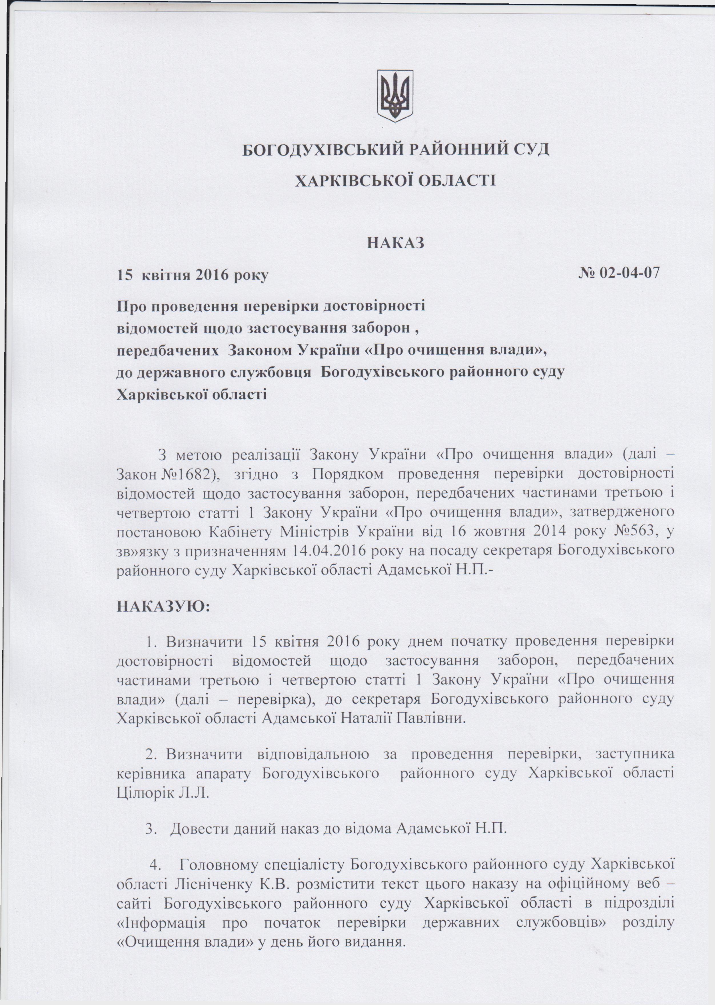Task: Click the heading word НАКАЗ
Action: coord(395,243)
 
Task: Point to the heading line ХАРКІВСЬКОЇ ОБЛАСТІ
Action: coord(395,181)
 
